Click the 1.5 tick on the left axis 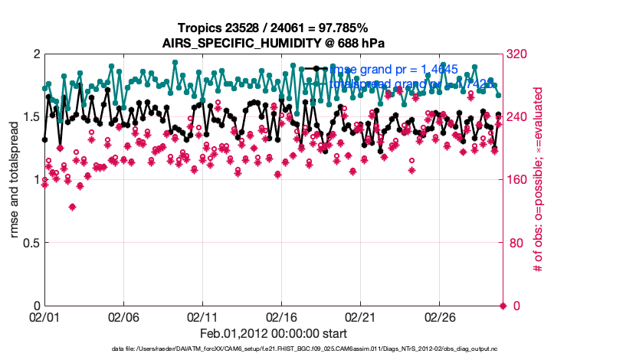[x=29, y=117]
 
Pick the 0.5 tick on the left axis [x=29, y=244]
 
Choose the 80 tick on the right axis [x=515, y=244]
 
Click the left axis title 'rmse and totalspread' [x=15, y=181]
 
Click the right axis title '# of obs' [x=539, y=181]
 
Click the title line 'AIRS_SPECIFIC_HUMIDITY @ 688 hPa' [x=274, y=43]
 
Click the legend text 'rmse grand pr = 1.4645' [x=393, y=70]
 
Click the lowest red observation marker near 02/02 [x=73, y=207]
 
